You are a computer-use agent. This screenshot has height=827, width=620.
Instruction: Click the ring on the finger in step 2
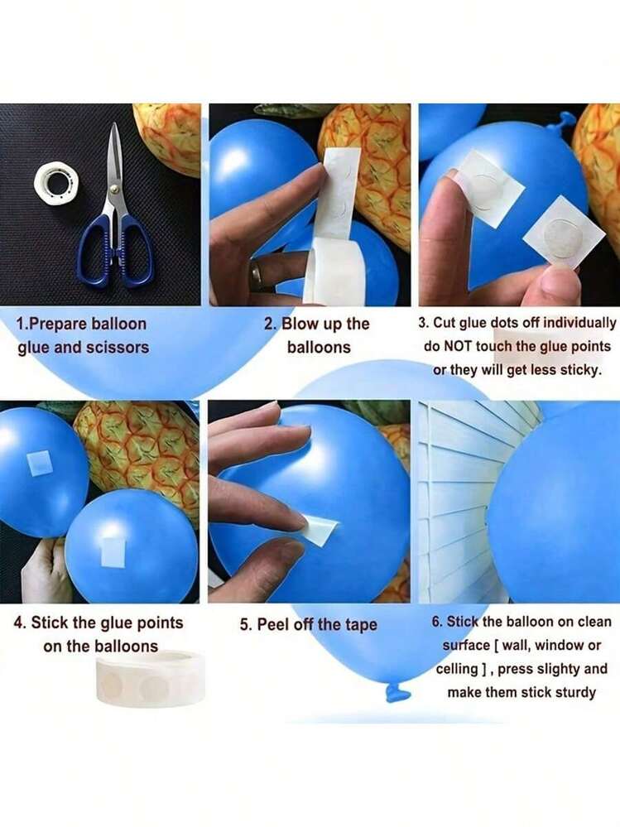(257, 274)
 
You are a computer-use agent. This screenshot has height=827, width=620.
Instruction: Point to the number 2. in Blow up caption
(271, 324)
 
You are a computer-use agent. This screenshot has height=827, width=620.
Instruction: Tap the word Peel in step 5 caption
(272, 624)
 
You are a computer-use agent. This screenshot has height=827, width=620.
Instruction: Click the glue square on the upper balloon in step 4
(39, 463)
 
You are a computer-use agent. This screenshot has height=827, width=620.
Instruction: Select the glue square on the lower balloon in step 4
(113, 552)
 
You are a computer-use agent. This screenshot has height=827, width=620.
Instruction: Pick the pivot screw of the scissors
(114, 188)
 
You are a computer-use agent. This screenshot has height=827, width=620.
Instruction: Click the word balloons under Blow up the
(319, 347)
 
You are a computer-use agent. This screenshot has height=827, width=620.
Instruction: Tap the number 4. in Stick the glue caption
(20, 623)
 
